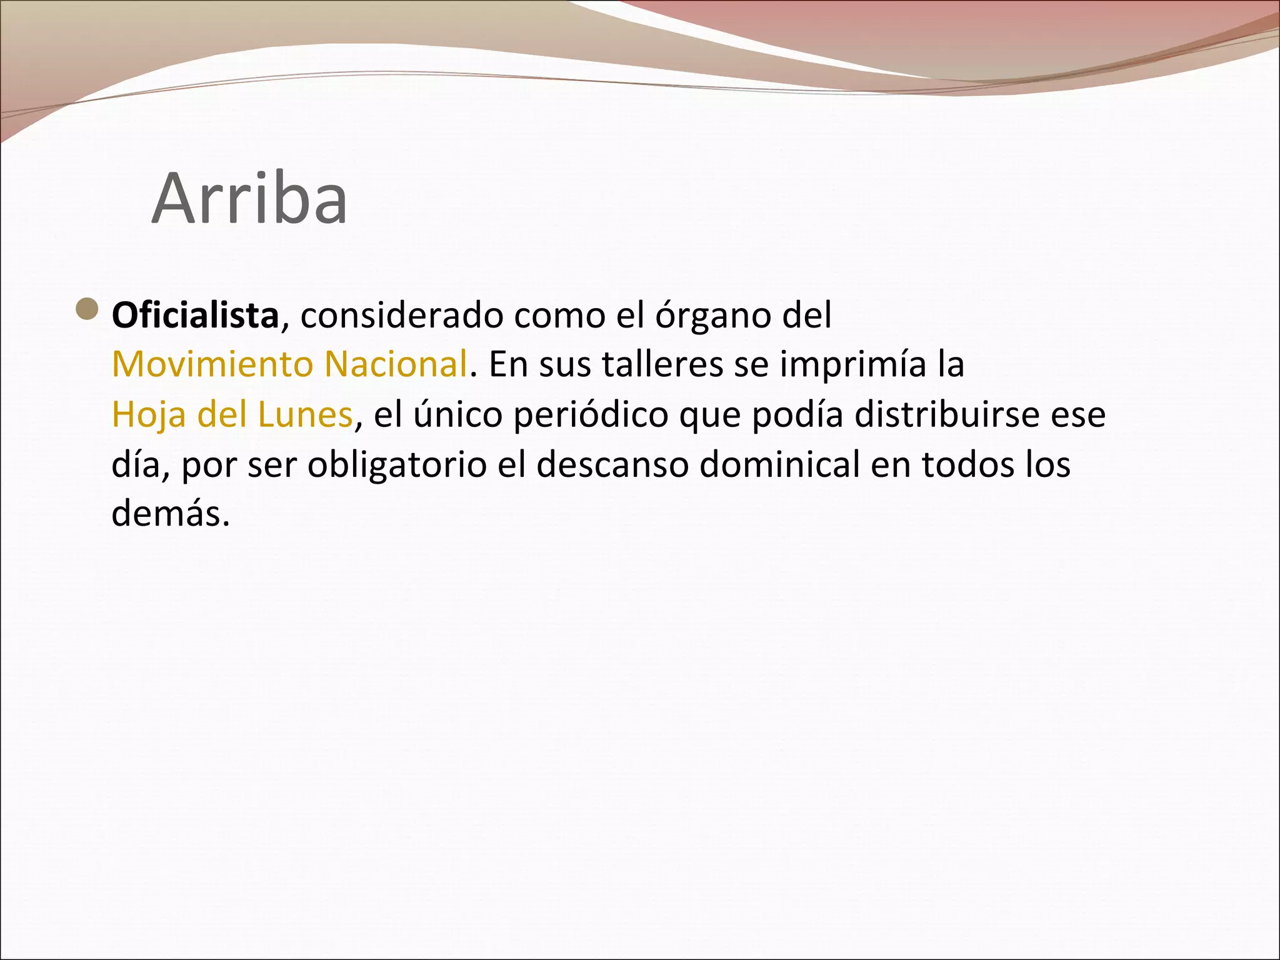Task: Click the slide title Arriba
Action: coord(249,199)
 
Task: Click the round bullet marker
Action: coord(87,309)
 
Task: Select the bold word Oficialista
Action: coord(195,314)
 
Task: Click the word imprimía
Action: coord(852,365)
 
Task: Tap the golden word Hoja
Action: coord(149,414)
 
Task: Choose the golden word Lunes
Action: coord(305,414)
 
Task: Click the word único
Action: coord(457,414)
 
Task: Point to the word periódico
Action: coord(591,416)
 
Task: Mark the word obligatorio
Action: coord(397,465)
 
